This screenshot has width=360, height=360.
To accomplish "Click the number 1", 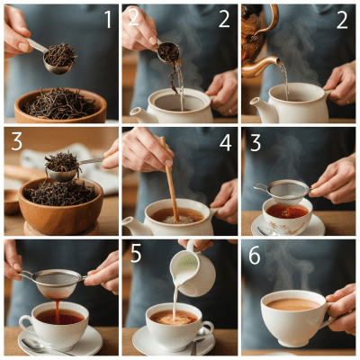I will [106, 19].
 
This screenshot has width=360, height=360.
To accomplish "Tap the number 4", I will [226, 141].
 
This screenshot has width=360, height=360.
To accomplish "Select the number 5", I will [136, 256].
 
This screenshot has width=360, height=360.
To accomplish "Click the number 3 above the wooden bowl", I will [16, 142].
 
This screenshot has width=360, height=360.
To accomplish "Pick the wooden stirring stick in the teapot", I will [169, 180].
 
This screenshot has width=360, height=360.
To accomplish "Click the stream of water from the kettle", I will [283, 83].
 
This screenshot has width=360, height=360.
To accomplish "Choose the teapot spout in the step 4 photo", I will [131, 226].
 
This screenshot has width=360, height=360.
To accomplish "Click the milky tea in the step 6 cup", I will [292, 304].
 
